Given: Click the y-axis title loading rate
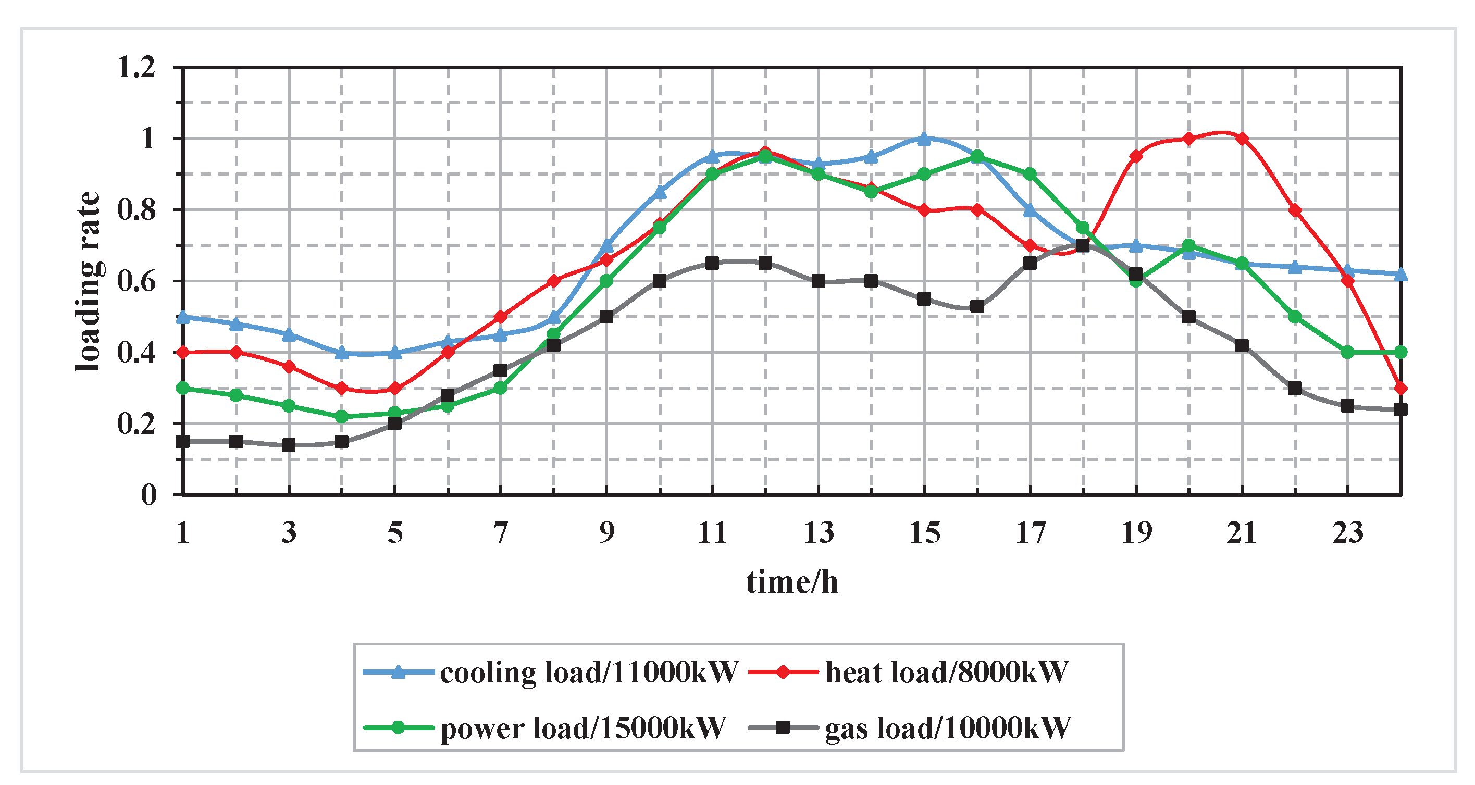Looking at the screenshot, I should click(89, 281).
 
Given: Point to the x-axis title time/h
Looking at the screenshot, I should click(792, 582).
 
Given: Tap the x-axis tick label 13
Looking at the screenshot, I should click(818, 533).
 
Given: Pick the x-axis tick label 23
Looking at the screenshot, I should click(1347, 533).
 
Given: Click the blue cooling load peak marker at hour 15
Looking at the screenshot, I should click(924, 139).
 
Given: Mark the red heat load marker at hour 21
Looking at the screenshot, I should click(1242, 139).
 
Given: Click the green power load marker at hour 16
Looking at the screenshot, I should click(977, 156).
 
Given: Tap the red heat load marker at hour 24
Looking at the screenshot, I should click(1400, 388).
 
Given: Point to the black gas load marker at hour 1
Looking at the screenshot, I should click(183, 441).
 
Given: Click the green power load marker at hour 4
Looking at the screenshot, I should click(342, 417).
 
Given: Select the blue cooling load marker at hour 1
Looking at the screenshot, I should click(183, 317).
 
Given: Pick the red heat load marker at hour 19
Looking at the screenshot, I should click(1136, 156).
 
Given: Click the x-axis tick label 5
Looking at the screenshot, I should click(395, 533).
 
